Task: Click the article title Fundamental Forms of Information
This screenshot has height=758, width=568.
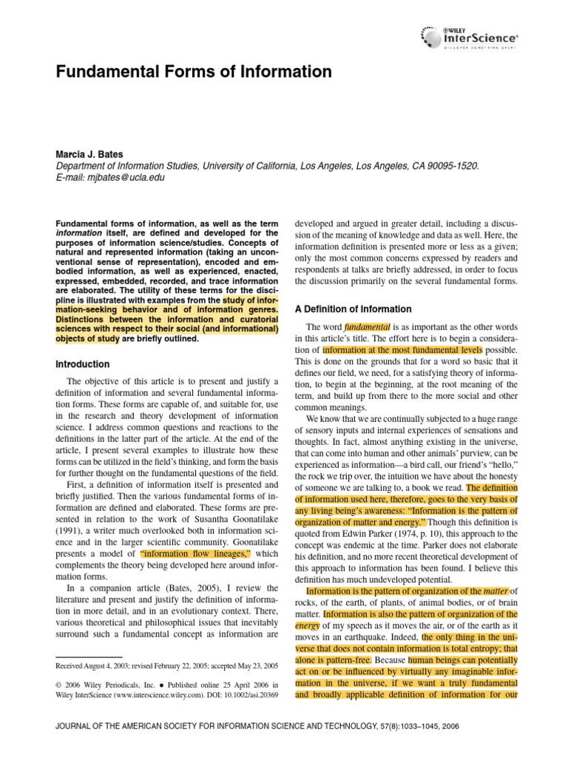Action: click(x=195, y=72)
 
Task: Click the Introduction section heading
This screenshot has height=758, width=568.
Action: click(x=83, y=364)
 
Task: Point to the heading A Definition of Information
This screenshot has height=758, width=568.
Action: click(x=354, y=309)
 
